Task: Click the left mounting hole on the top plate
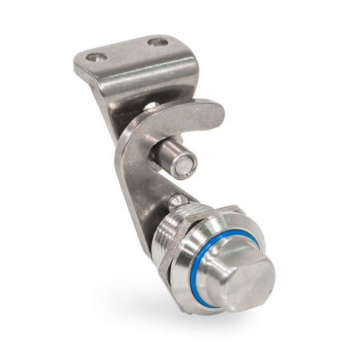pos(97,58)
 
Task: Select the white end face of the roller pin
pos(186,165)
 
